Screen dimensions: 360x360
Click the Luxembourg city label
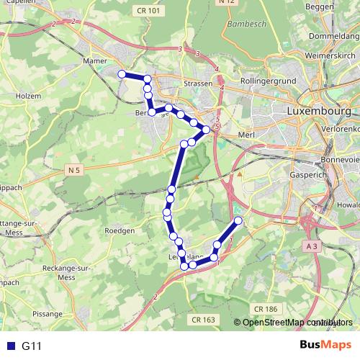click(x=318, y=112)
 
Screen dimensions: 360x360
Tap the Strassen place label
click(x=197, y=84)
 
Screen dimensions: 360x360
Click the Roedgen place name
click(x=120, y=230)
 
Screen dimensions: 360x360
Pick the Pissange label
click(x=48, y=314)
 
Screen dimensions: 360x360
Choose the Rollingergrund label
click(x=268, y=82)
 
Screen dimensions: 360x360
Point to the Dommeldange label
click(x=333, y=35)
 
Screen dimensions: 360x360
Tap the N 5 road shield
click(x=76, y=170)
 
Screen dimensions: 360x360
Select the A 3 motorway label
click(x=310, y=246)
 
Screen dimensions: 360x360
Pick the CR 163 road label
click(x=204, y=318)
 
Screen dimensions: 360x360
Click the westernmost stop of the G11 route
click(x=122, y=74)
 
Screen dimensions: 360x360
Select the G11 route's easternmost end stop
click(x=238, y=220)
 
